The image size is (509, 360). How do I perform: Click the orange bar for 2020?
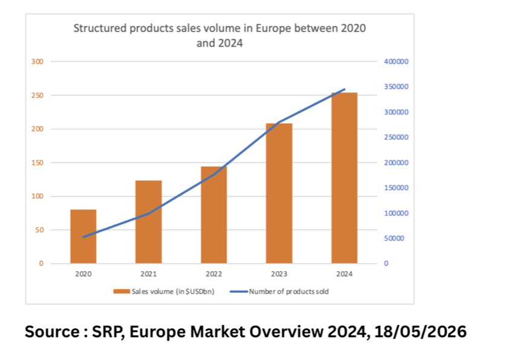pyautogui.click(x=83, y=237)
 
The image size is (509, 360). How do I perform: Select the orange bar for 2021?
pyautogui.click(x=149, y=222)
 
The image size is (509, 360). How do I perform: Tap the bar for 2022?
pyautogui.click(x=214, y=215)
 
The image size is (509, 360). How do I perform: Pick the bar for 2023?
pyautogui.click(x=279, y=194)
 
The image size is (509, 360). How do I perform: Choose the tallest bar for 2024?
pyautogui.click(x=344, y=178)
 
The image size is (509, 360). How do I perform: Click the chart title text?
pyautogui.click(x=219, y=36)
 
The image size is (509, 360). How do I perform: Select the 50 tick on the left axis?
pyautogui.click(x=40, y=230)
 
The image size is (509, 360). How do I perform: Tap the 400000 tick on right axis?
pyautogui.click(x=396, y=62)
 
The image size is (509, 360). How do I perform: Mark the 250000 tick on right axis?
pyautogui.click(x=396, y=137)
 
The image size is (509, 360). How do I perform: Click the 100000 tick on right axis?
pyautogui.click(x=396, y=213)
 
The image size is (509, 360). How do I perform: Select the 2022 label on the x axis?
pyautogui.click(x=214, y=273)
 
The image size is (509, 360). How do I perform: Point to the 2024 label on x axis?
pyautogui.click(x=344, y=273)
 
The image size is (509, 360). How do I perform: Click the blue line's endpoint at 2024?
pyautogui.click(x=345, y=90)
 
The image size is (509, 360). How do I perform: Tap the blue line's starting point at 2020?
pyautogui.click(x=83, y=237)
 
